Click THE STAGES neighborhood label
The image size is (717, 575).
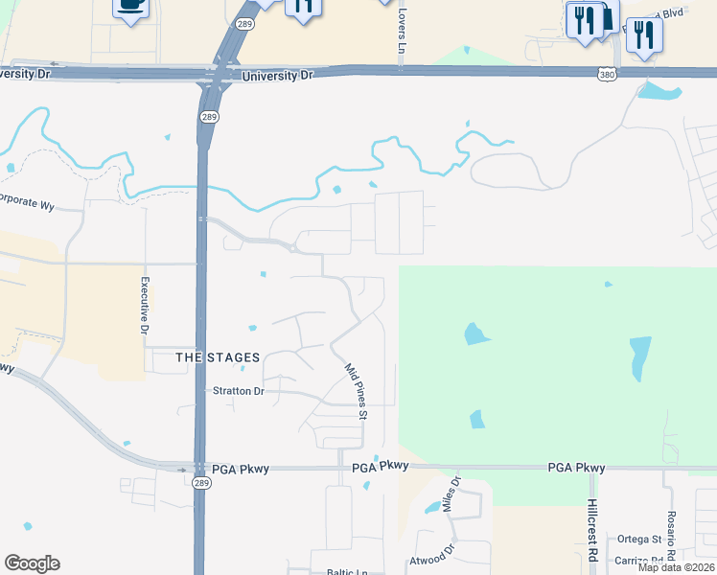pyautogui.click(x=219, y=357)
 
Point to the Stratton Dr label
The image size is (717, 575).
pyautogui.click(x=237, y=391)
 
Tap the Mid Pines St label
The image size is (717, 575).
pyautogui.click(x=355, y=391)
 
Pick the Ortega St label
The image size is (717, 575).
pyautogui.click(x=643, y=540)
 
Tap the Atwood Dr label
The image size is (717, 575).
pyautogui.click(x=429, y=558)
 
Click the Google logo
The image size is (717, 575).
pyautogui.click(x=32, y=563)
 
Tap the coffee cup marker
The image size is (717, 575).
pyautogui.click(x=131, y=6)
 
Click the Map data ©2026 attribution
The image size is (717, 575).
pyautogui.click(x=675, y=567)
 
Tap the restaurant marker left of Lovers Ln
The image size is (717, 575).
pyautogui.click(x=303, y=8)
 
